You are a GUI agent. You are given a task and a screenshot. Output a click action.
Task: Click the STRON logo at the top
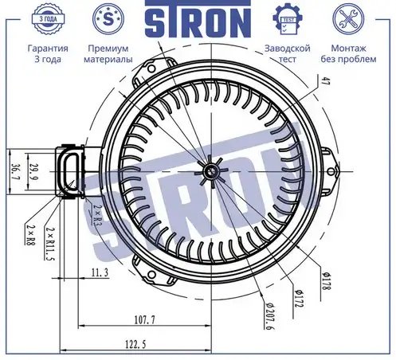click(x=198, y=18)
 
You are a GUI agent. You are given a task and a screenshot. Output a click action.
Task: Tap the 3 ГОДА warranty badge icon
click(x=48, y=19)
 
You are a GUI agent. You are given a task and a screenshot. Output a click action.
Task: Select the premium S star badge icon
click(x=108, y=19)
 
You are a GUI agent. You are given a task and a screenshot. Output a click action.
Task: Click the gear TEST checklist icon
click(x=288, y=19)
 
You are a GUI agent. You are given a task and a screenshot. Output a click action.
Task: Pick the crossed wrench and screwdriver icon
click(x=348, y=19)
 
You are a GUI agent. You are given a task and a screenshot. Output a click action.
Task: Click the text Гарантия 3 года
click(x=48, y=53)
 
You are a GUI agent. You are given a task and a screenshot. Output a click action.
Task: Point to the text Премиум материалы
click(x=108, y=53)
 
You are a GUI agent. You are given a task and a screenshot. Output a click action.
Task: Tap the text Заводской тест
click(x=288, y=53)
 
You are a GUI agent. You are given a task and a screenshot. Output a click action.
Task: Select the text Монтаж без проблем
click(x=348, y=53)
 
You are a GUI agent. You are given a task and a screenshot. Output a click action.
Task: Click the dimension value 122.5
click(x=135, y=345)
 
